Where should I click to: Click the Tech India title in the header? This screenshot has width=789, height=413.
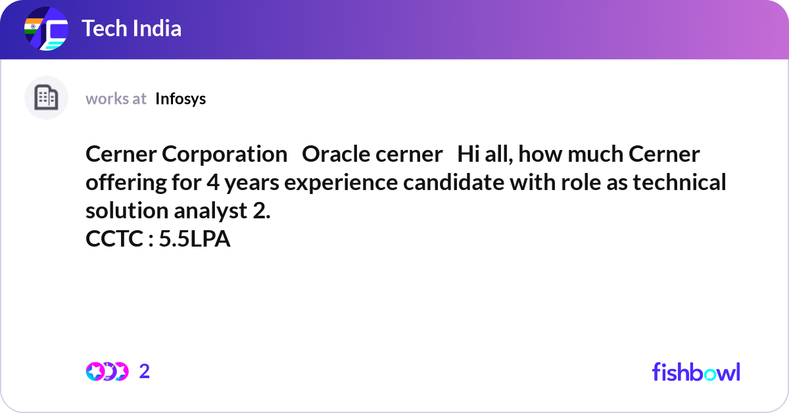click(131, 29)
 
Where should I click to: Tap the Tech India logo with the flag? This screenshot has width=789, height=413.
click(46, 30)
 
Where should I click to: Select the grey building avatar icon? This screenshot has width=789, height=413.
click(46, 98)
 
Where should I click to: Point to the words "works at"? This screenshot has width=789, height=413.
click(116, 99)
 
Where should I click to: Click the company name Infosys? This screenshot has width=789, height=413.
click(181, 99)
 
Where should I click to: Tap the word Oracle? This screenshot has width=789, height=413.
click(333, 155)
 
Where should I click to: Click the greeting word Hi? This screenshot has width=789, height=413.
click(467, 155)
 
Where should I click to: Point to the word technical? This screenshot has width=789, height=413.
click(679, 182)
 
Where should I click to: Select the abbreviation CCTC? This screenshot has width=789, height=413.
click(114, 239)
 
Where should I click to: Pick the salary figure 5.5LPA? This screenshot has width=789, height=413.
click(195, 239)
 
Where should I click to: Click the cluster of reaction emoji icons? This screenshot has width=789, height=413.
click(107, 372)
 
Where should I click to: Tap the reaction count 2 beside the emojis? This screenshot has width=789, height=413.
click(145, 372)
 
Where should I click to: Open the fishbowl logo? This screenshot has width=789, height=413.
click(696, 372)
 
